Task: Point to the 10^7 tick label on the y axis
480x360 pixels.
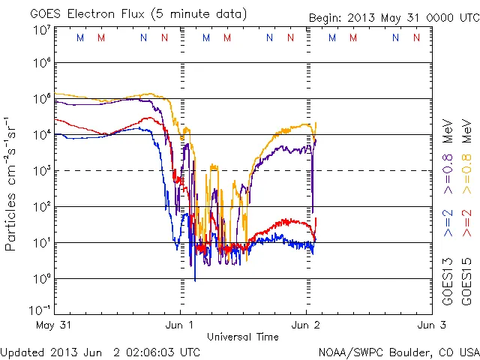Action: click(x=41, y=31)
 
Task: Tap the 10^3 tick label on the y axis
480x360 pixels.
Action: click(x=41, y=169)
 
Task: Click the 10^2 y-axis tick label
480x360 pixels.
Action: click(x=41, y=205)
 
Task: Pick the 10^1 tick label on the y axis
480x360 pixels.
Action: click(x=41, y=241)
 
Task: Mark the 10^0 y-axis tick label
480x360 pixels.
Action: click(x=41, y=277)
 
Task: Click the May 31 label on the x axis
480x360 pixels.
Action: click(x=51, y=325)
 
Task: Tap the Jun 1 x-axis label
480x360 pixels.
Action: click(x=178, y=325)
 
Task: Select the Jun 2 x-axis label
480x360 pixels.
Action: click(x=305, y=325)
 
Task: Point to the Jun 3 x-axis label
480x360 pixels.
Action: click(x=430, y=325)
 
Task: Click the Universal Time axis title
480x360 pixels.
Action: click(x=243, y=337)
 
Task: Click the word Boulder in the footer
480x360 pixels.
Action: click(x=403, y=352)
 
